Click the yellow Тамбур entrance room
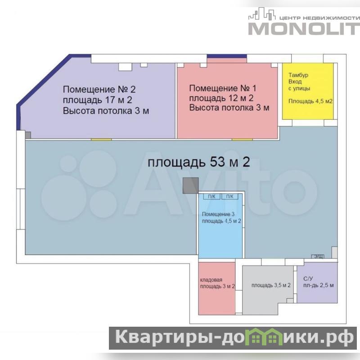[x=308, y=91]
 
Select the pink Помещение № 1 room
[x=227, y=100]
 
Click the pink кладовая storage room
[x=217, y=288]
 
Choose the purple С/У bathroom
[x=317, y=283]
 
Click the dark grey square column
[x=190, y=185]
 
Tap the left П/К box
[x=211, y=197]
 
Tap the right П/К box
[x=230, y=197]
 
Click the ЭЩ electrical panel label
[x=318, y=256]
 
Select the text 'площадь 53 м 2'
[x=198, y=162]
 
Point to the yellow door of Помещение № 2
[x=101, y=139]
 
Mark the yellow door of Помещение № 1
[x=242, y=139]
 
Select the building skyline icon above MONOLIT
[x=262, y=14]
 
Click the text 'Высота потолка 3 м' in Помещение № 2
[x=106, y=111]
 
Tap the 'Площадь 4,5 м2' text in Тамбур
[x=310, y=101]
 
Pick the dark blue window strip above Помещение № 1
[x=227, y=56]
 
